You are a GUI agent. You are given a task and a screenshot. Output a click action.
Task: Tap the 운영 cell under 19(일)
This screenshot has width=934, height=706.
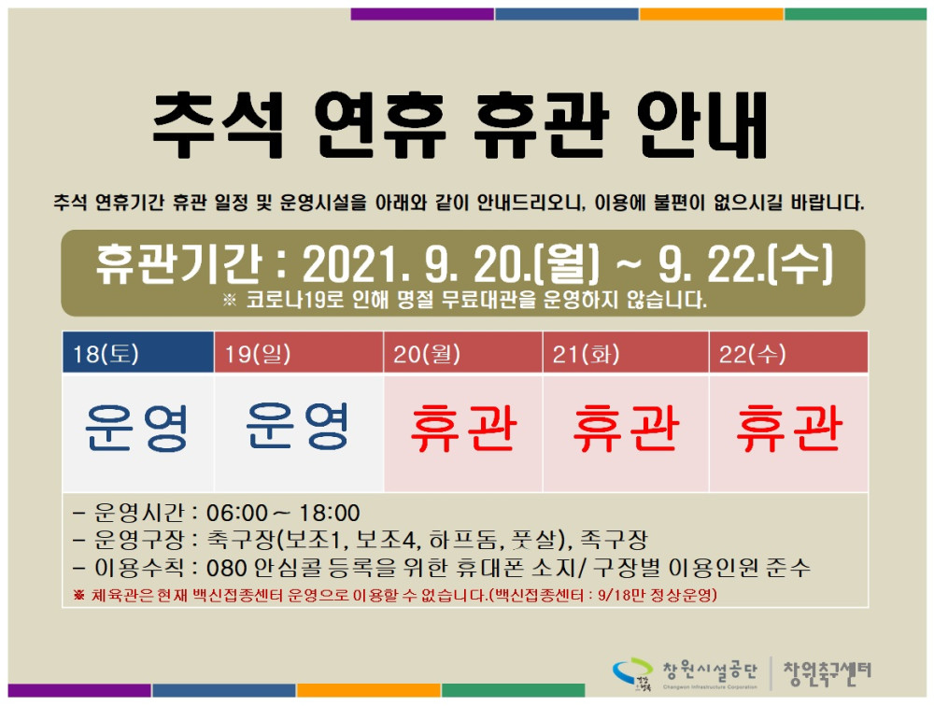[x=299, y=428]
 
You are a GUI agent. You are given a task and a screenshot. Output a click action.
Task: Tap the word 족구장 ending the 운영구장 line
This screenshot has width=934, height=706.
[x=613, y=540]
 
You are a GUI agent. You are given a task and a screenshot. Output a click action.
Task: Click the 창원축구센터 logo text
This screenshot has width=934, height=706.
[x=827, y=670]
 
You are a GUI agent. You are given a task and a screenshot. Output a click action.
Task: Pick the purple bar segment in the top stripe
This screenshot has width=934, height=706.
[x=422, y=14]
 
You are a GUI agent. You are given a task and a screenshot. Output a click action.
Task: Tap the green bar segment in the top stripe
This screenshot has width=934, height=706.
[x=855, y=14]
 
